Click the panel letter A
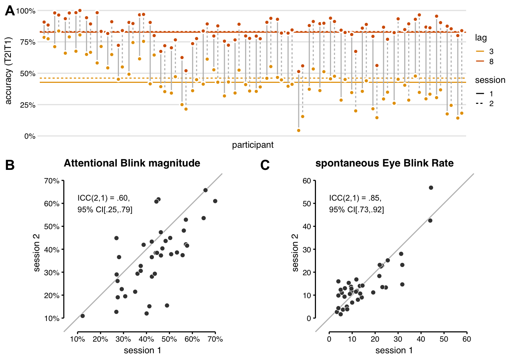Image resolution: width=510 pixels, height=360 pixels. [x=10, y=11]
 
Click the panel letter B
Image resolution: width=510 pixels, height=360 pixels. [x=10, y=165]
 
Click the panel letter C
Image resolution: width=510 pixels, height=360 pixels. [x=265, y=165]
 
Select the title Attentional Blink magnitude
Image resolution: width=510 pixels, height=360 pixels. [x=132, y=163]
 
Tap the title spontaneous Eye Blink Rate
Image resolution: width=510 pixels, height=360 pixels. [x=384, y=163]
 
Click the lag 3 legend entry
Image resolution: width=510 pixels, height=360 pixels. [x=484, y=51]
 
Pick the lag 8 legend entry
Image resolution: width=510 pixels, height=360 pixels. [x=484, y=61]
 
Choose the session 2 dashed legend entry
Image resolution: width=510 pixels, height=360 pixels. [x=484, y=103]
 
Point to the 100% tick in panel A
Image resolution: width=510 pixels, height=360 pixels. [x=26, y=11]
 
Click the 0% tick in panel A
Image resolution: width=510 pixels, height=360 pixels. [x=30, y=136]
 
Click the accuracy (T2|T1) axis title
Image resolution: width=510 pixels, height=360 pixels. [x=9, y=70]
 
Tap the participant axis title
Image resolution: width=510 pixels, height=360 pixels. [x=253, y=145]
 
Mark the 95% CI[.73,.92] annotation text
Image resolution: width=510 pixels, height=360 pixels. [x=356, y=210]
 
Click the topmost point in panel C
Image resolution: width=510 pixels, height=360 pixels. [x=431, y=187]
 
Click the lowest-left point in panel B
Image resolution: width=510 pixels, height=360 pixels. [x=83, y=316]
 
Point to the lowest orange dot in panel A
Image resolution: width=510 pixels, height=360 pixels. [x=299, y=130]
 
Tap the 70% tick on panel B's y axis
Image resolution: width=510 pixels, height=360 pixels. [x=52, y=181]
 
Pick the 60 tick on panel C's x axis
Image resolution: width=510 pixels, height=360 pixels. [x=466, y=339]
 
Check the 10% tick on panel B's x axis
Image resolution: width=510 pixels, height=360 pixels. [x=77, y=339]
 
